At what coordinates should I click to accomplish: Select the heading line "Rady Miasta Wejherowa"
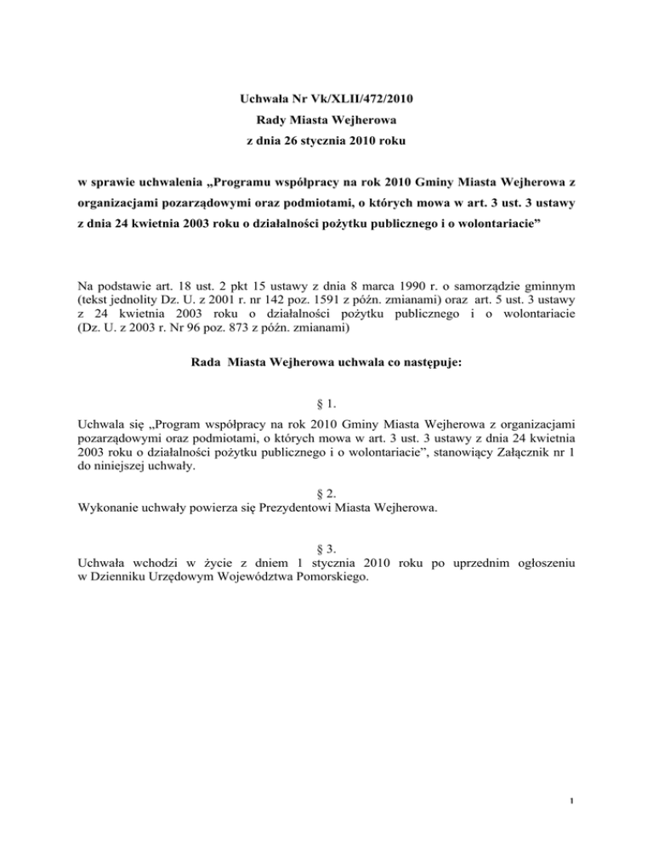(x=325, y=133)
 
